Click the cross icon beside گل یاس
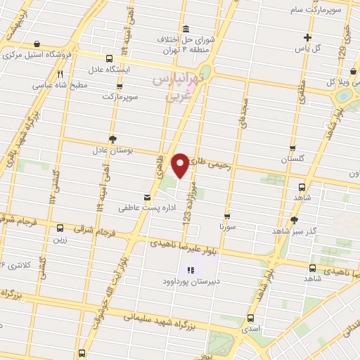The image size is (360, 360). tap(307, 37)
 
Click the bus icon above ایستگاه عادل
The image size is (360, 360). tap(108, 59)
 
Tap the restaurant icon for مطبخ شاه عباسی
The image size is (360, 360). tap(60, 73)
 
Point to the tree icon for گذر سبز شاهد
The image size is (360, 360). tap(294, 219)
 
